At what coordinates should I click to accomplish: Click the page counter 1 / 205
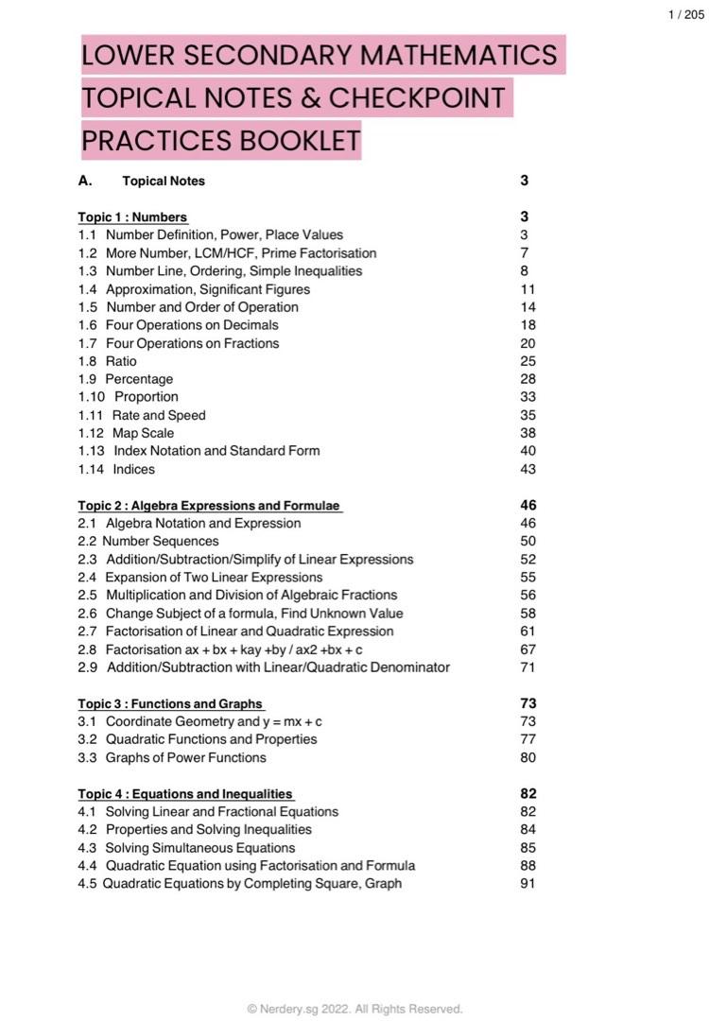(x=685, y=14)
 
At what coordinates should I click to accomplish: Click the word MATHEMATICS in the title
(x=457, y=56)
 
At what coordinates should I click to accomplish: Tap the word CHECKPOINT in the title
(x=416, y=98)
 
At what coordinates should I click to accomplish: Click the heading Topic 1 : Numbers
(x=132, y=216)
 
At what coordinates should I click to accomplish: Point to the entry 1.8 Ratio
(x=108, y=361)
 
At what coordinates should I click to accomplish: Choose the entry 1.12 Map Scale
(x=126, y=433)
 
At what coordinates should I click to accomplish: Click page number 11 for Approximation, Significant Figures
(x=527, y=289)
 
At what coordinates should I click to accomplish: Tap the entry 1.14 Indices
(x=116, y=469)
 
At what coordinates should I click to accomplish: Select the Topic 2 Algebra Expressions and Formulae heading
(x=209, y=506)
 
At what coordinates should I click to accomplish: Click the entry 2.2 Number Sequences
(x=148, y=542)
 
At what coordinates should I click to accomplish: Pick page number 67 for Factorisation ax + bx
(x=527, y=649)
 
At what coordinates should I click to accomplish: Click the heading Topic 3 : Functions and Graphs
(x=170, y=703)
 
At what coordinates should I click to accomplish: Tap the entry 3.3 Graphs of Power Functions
(x=172, y=757)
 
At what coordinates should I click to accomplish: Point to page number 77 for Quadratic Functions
(x=527, y=739)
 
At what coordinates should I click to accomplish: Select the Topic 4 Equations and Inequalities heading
(x=185, y=794)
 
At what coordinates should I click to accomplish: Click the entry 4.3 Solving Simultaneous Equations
(x=186, y=848)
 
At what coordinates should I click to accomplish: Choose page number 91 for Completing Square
(x=527, y=884)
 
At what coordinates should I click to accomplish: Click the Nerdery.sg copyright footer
(x=354, y=1009)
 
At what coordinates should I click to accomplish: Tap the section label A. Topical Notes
(x=142, y=181)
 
